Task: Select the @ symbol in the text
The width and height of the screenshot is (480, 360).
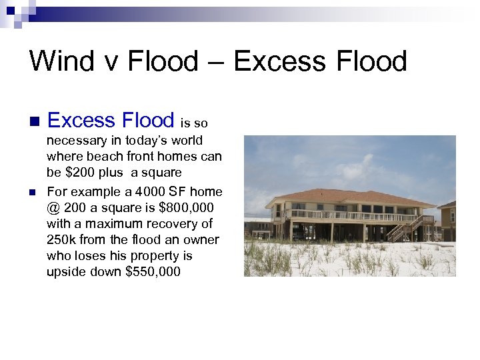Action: coord(53,207)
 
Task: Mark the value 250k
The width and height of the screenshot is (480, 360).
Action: coord(62,239)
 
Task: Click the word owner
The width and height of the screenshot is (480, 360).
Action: coord(201,239)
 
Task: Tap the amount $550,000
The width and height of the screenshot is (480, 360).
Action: coord(160,271)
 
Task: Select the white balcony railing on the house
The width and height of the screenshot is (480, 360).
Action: coord(353,216)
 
